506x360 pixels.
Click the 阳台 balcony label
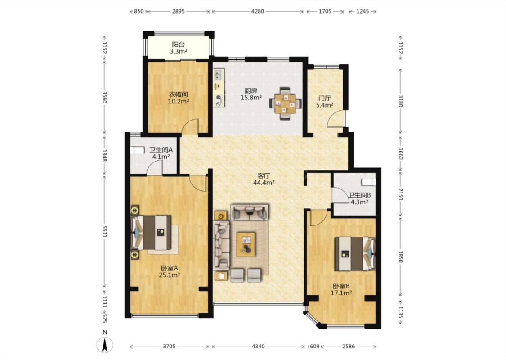pyautogui.click(x=178, y=45)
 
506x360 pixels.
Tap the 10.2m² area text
pyautogui.click(x=179, y=101)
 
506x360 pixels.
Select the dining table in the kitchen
pyautogui.click(x=285, y=103)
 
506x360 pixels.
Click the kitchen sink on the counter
pyautogui.click(x=219, y=75)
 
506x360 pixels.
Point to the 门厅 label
pyautogui.click(x=324, y=98)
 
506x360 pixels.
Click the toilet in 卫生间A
pyautogui.click(x=138, y=150)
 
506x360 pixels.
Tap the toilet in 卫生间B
pyautogui.click(x=368, y=182)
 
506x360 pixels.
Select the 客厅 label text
pyautogui.click(x=264, y=176)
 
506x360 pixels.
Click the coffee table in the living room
pyautogui.click(x=246, y=244)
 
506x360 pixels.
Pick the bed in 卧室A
pyautogui.click(x=151, y=233)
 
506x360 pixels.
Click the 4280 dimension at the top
pyautogui.click(x=258, y=11)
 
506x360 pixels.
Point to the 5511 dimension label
pyautogui.click(x=104, y=231)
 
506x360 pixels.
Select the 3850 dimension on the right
pyautogui.click(x=400, y=256)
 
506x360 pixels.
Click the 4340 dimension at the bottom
pyautogui.click(x=258, y=346)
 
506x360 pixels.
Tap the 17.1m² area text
pyautogui.click(x=341, y=293)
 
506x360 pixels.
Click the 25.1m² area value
pyautogui.click(x=170, y=275)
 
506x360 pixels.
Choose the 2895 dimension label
pyautogui.click(x=178, y=11)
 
